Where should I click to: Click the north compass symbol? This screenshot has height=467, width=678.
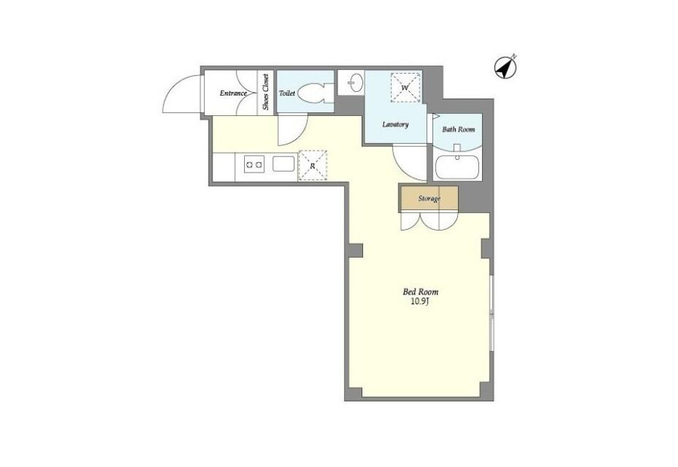[x=505, y=68]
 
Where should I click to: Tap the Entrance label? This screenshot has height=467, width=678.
[x=233, y=93]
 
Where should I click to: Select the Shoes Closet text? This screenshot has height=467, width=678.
[x=265, y=92]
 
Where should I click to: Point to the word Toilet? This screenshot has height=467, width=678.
[x=287, y=93]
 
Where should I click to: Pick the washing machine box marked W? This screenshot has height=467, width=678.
[x=405, y=88]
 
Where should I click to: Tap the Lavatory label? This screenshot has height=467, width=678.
[x=395, y=124]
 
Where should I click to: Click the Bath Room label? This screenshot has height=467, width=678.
[x=458, y=130]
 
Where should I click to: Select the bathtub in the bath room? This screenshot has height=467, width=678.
[x=457, y=167]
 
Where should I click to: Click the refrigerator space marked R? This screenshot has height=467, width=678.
[x=313, y=165]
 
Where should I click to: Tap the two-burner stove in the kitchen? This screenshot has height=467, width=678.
[x=254, y=164]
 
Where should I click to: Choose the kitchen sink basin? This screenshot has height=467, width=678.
[x=284, y=164]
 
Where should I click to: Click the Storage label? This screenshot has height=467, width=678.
[x=429, y=199]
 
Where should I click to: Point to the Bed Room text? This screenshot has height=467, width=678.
[x=420, y=292]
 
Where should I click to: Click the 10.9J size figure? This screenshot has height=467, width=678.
[x=420, y=302]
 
